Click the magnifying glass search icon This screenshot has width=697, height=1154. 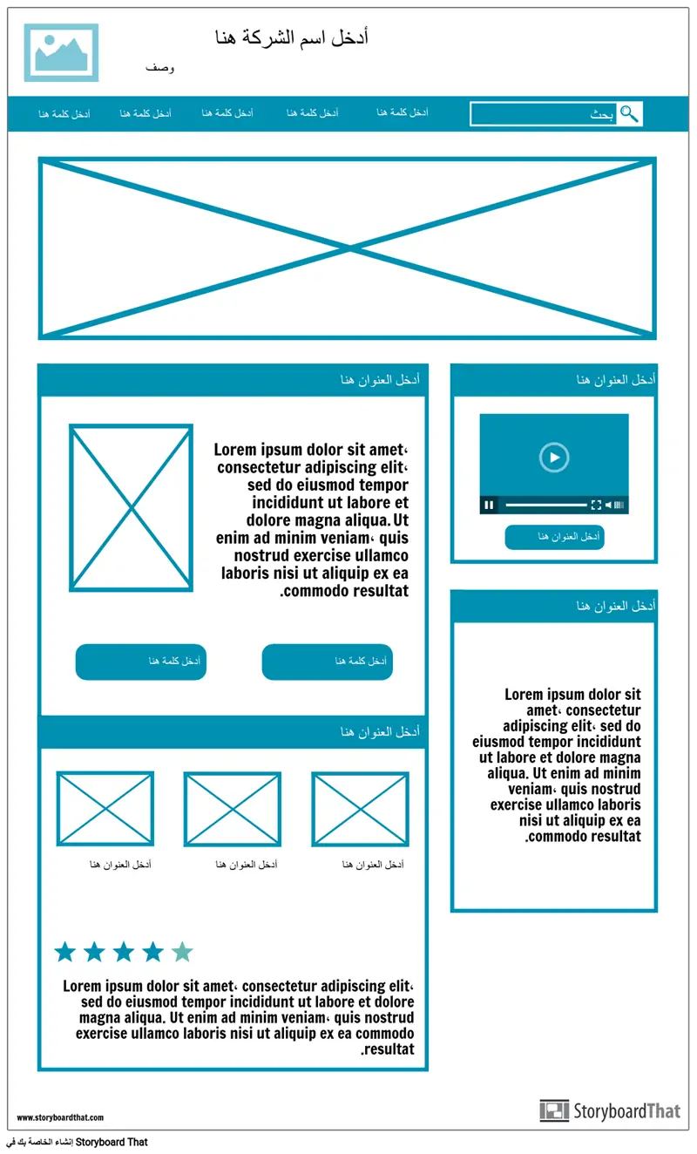pyautogui.click(x=629, y=113)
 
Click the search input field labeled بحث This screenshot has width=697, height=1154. pyautogui.click(x=544, y=114)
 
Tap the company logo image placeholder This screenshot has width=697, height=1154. pyautogui.click(x=61, y=52)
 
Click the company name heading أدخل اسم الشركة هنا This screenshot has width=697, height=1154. pyautogui.click(x=291, y=37)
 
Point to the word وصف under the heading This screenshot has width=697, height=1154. pyautogui.click(x=159, y=68)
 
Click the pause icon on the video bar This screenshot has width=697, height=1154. pyautogui.click(x=489, y=505)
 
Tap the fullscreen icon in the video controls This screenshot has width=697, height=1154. pyautogui.click(x=596, y=505)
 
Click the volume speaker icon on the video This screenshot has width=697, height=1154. pyautogui.click(x=609, y=505)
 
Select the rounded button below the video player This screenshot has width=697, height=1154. pyautogui.click(x=554, y=537)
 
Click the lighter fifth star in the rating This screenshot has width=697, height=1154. pyautogui.click(x=182, y=952)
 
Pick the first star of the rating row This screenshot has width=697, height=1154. pyautogui.click(x=65, y=952)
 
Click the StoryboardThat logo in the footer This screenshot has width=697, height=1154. pyautogui.click(x=610, y=1110)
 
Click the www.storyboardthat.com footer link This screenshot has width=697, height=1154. pyautogui.click(x=60, y=1117)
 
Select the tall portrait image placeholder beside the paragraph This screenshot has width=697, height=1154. pyautogui.click(x=131, y=507)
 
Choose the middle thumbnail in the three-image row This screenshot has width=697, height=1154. pyautogui.click(x=233, y=809)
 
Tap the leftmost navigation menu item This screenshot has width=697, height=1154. pyautogui.click(x=64, y=114)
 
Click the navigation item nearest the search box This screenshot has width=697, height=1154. pyautogui.click(x=403, y=112)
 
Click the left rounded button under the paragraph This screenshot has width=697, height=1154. pyautogui.click(x=140, y=662)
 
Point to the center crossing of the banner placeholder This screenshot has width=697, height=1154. pyautogui.click(x=348, y=248)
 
